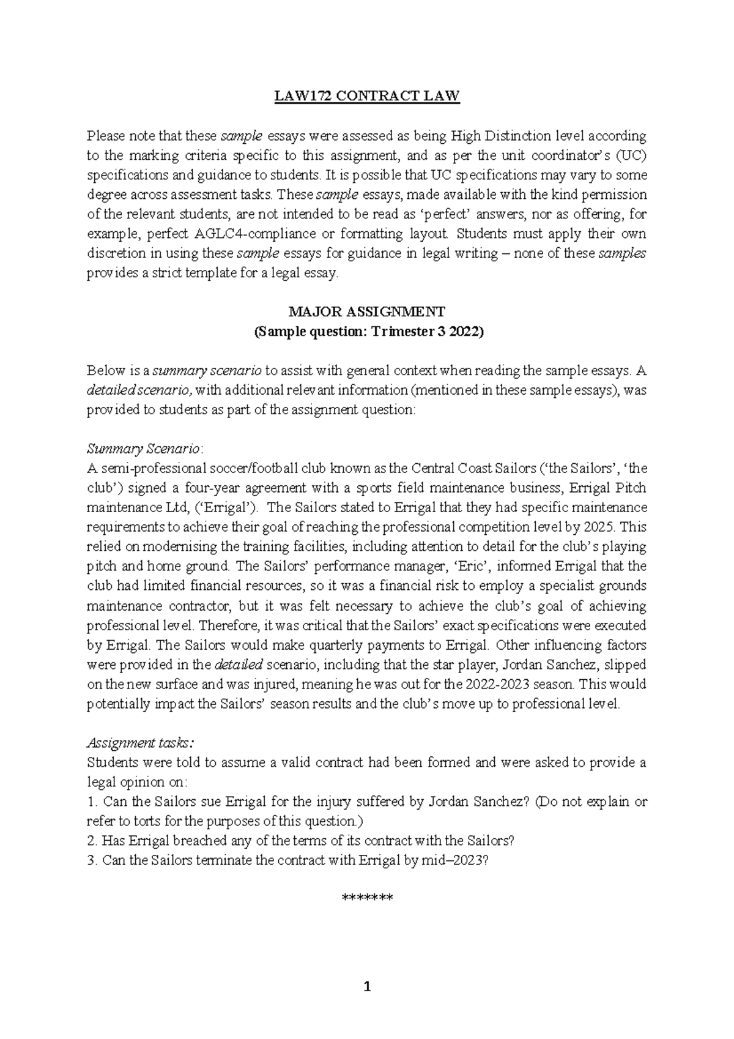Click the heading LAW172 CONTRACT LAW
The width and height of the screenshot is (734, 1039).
pos(366,96)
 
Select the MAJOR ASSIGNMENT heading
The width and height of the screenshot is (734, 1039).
pos(366,312)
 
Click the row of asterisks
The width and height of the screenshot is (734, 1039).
pos(366,898)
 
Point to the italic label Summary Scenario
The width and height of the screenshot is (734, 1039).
pos(143,449)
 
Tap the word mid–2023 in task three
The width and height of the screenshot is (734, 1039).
pos(455,860)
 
